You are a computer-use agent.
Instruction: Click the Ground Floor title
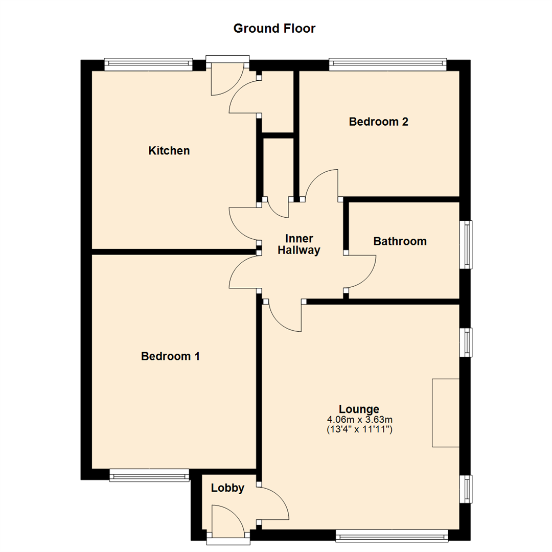[274, 28]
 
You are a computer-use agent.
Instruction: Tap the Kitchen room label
[169, 151]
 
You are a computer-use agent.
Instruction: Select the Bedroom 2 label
[378, 122]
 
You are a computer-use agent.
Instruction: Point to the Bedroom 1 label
[170, 356]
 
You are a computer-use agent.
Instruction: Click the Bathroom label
[400, 241]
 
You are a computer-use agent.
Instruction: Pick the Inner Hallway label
[303, 245]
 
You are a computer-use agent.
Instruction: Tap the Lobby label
[227, 488]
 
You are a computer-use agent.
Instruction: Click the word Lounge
[359, 409]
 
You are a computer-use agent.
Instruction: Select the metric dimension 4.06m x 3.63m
[359, 420]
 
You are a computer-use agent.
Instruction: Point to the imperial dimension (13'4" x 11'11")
[359, 430]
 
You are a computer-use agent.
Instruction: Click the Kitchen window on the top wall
[148, 65]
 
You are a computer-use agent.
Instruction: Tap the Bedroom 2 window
[387, 65]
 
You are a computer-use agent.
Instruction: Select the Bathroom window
[465, 244]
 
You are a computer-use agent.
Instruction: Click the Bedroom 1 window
[149, 476]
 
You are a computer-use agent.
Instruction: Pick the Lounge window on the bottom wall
[392, 536]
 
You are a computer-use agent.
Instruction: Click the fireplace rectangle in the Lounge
[446, 413]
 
